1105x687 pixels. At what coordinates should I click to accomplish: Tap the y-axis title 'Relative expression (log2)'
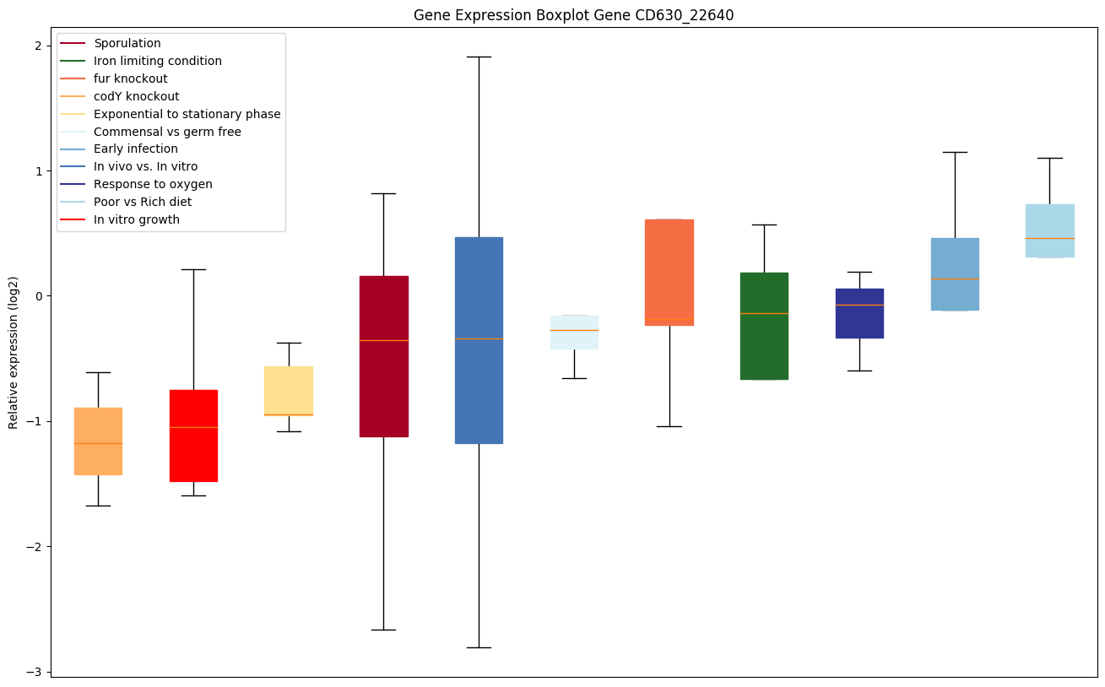click(14, 352)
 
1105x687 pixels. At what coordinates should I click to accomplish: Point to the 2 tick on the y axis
click(37, 46)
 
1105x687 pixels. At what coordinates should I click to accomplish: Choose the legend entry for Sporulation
click(127, 43)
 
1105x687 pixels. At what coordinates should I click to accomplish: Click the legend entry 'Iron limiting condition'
click(158, 61)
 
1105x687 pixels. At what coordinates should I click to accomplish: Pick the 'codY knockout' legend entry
click(137, 96)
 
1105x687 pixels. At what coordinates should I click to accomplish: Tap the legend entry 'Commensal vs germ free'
click(167, 132)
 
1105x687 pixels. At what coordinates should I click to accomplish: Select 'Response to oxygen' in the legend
click(153, 184)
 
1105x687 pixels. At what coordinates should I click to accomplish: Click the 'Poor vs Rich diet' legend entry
click(143, 202)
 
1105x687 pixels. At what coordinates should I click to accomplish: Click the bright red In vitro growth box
click(193, 435)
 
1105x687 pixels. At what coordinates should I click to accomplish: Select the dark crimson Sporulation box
click(384, 356)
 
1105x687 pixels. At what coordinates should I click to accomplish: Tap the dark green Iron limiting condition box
click(764, 326)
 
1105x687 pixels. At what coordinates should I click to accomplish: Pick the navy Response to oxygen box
click(859, 313)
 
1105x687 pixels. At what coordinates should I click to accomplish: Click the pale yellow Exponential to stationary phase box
click(289, 391)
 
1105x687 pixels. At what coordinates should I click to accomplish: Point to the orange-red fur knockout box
click(669, 272)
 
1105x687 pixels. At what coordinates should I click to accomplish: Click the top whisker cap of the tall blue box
click(479, 57)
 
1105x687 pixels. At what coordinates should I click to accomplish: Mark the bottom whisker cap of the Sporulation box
click(384, 630)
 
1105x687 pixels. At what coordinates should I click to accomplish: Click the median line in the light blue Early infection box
click(955, 279)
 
